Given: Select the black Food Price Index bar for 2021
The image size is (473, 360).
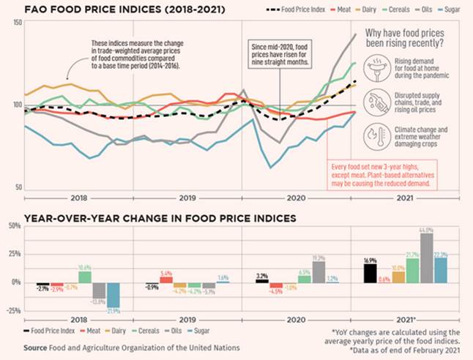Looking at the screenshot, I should [370, 272].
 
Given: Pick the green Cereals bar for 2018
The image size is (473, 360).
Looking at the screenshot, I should [85, 277].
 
